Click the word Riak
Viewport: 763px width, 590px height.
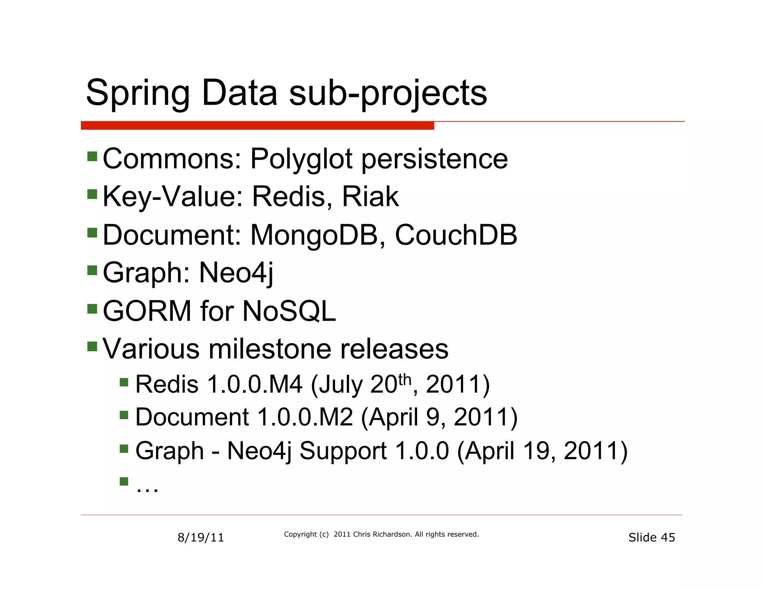click(x=370, y=197)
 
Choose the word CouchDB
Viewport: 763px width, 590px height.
click(x=456, y=235)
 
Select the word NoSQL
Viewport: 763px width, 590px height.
click(x=289, y=311)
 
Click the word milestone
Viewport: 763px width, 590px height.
click(x=269, y=349)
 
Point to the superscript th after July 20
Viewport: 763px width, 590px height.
click(x=405, y=380)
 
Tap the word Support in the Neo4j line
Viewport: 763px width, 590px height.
click(x=343, y=451)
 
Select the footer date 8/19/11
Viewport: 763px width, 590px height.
click(x=200, y=537)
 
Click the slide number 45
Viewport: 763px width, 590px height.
click(x=668, y=537)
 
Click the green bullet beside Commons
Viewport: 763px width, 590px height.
click(x=92, y=156)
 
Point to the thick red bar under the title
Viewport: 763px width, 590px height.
click(x=257, y=126)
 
